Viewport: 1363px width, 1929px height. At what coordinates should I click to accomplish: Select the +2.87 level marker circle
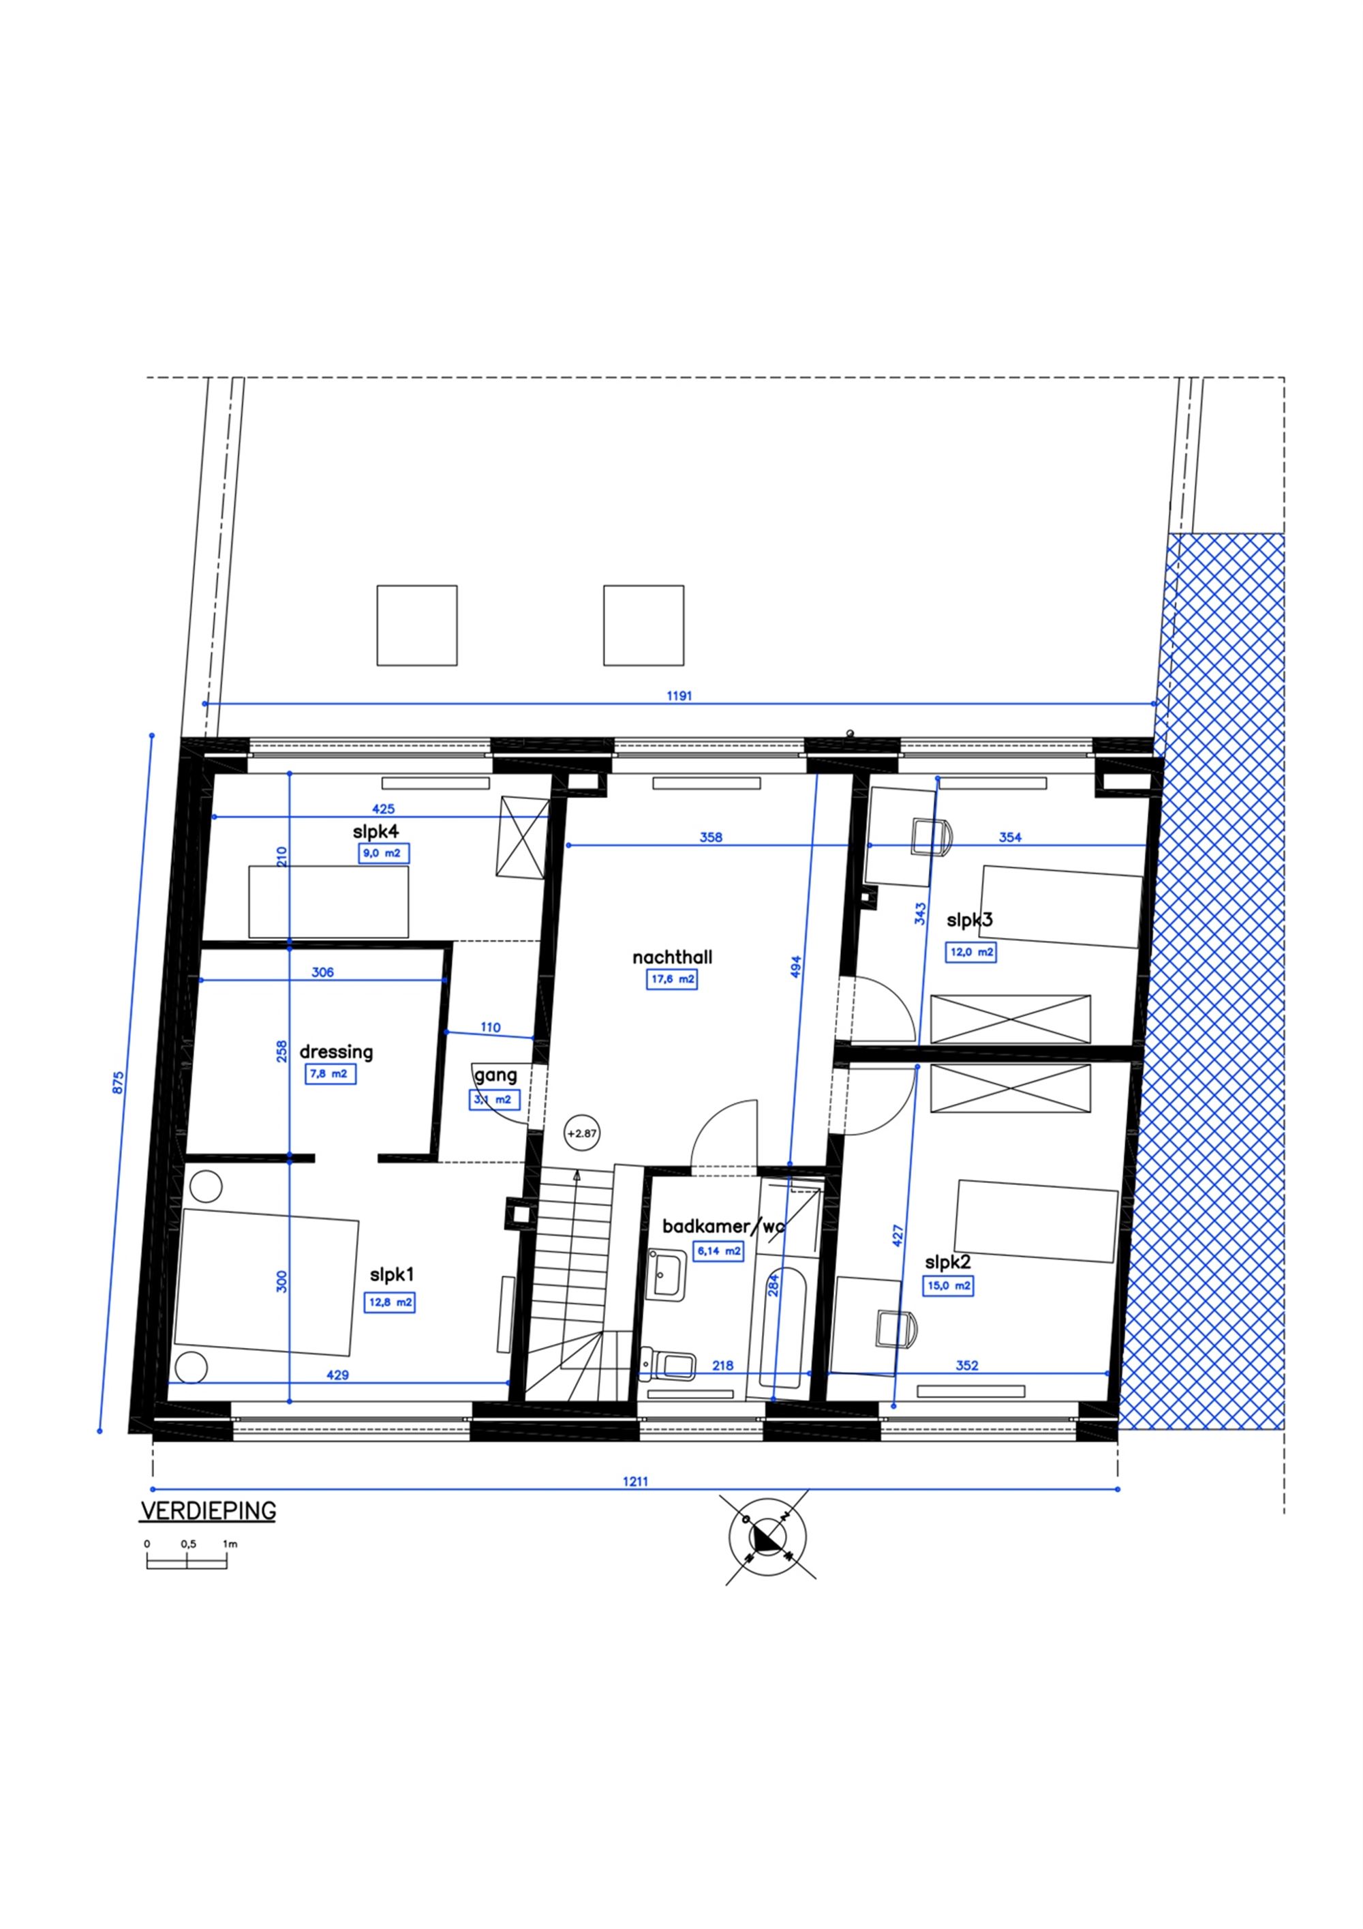click(582, 1133)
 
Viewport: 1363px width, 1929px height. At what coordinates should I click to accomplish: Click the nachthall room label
click(672, 957)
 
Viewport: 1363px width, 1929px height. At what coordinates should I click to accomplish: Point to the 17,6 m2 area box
click(672, 978)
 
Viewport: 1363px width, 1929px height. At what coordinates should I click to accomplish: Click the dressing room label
click(336, 1052)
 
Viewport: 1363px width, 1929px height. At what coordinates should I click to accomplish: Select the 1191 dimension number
click(679, 696)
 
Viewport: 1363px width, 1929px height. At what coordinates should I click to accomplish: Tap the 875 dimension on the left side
click(119, 1081)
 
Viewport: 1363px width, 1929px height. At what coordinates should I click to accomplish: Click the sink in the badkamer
click(668, 1274)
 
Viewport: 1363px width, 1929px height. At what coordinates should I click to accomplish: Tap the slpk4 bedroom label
click(376, 832)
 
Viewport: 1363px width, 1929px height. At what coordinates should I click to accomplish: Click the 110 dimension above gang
click(491, 1027)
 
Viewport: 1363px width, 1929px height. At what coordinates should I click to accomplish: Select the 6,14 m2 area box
click(718, 1251)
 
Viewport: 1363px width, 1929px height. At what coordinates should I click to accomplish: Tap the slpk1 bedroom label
click(392, 1275)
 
